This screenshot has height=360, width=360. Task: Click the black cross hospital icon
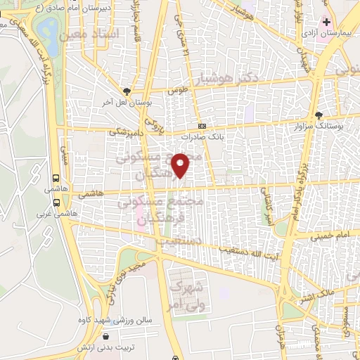coord(326,22)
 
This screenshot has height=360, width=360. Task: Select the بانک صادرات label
coord(202,138)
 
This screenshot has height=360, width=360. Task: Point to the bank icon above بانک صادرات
coord(202,127)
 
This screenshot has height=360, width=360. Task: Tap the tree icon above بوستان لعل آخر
coord(127,91)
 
